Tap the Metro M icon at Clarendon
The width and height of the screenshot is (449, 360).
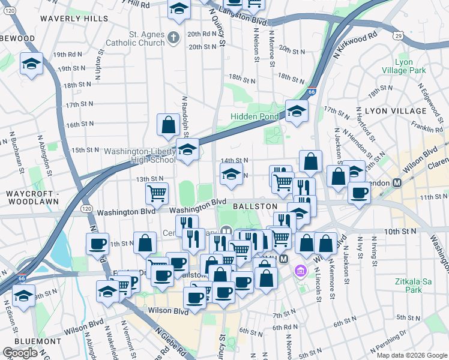pos(397,182)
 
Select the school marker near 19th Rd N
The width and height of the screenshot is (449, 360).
pos(31,64)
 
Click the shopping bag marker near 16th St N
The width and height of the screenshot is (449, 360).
pos(168,124)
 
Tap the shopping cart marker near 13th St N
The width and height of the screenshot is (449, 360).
pos(157,193)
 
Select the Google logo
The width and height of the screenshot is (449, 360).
pos(20,353)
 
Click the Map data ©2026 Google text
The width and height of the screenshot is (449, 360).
pos(411,355)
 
